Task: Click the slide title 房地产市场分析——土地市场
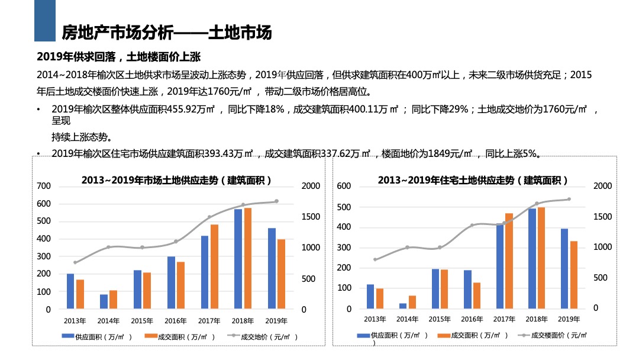pos(167,33)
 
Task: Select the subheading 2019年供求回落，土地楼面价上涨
pos(119,57)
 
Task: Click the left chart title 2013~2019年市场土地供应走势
pos(176,180)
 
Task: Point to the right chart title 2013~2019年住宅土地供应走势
pos(473,180)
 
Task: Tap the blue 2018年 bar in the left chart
pos(238,259)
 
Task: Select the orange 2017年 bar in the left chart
pos(214,266)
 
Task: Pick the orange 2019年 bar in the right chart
pos(574,275)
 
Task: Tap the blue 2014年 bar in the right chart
pos(403,306)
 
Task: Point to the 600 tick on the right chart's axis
pos(344,186)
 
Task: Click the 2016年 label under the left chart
pos(176,321)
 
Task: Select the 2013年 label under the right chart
pos(375,319)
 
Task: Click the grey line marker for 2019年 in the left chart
pos(276,201)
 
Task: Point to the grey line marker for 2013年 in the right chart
pos(375,259)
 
